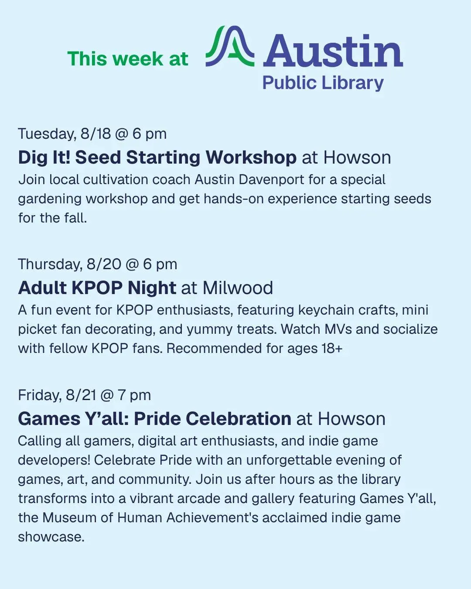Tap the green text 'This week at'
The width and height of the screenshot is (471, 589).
(x=128, y=58)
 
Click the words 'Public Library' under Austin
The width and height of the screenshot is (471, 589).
(x=323, y=83)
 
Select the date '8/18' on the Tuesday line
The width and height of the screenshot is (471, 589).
(x=96, y=134)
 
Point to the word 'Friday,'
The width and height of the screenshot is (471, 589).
(x=40, y=395)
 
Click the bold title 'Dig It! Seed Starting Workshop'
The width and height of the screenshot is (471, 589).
(x=157, y=158)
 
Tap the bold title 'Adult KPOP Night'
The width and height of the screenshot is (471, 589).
(x=97, y=288)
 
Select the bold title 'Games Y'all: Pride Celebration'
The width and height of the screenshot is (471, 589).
(x=155, y=419)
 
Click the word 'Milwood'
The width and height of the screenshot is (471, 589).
(x=238, y=288)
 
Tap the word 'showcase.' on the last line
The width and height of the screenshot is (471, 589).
(x=51, y=537)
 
